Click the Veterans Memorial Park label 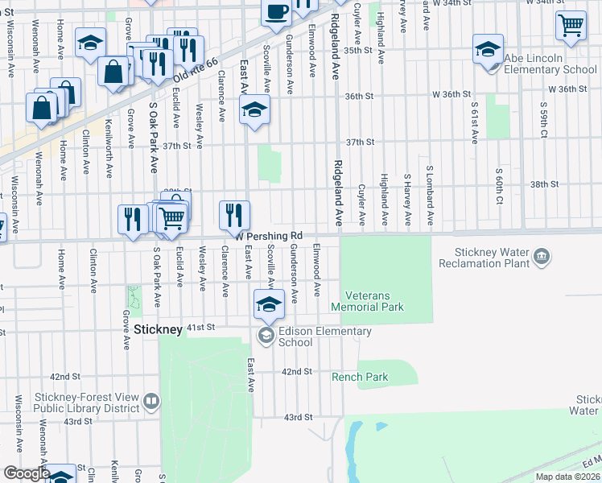click(368, 301)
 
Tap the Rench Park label click(360, 377)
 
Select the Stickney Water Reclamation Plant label click(485, 258)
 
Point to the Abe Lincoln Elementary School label click(550, 64)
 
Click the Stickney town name click(159, 329)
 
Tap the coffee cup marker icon click(276, 12)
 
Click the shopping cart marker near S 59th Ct click(571, 25)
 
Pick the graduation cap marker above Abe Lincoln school click(488, 49)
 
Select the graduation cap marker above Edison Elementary click(269, 304)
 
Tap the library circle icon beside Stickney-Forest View click(150, 400)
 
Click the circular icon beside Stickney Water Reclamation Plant click(543, 258)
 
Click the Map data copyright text click(567, 477)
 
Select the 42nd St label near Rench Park click(296, 371)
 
